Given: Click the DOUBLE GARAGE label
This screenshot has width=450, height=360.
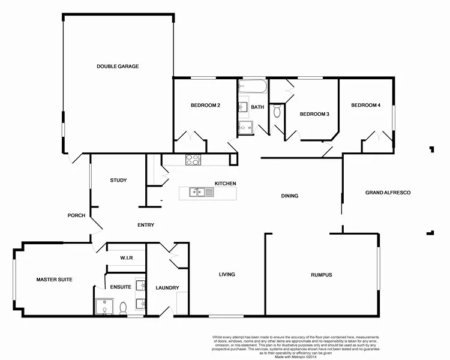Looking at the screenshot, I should click(118, 67).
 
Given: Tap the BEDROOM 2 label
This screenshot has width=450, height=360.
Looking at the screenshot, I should click(205, 106).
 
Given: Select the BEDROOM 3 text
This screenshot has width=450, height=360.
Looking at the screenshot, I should click(314, 114).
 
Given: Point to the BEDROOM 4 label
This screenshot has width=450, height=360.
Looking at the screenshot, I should click(365, 106).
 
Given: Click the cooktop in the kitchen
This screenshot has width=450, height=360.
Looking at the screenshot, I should click(193, 160).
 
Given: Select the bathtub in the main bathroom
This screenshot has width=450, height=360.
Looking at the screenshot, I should click(253, 87).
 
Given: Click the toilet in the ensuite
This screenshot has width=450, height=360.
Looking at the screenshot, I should click(123, 308).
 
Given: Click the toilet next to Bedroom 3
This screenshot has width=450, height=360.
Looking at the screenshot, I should click(277, 112).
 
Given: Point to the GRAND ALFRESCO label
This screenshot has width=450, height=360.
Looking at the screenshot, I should click(388, 193).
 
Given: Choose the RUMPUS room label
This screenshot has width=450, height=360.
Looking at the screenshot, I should click(321, 275).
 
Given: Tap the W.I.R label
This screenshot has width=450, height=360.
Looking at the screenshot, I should click(126, 258).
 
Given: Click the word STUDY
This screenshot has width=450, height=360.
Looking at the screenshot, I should click(118, 180).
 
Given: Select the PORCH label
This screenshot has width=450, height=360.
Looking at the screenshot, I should click(76, 215).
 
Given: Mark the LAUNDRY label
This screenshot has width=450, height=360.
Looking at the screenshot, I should click(167, 288).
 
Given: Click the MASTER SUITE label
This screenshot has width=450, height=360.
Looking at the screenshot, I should click(54, 280).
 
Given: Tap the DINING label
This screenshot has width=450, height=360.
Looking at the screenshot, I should click(290, 196).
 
